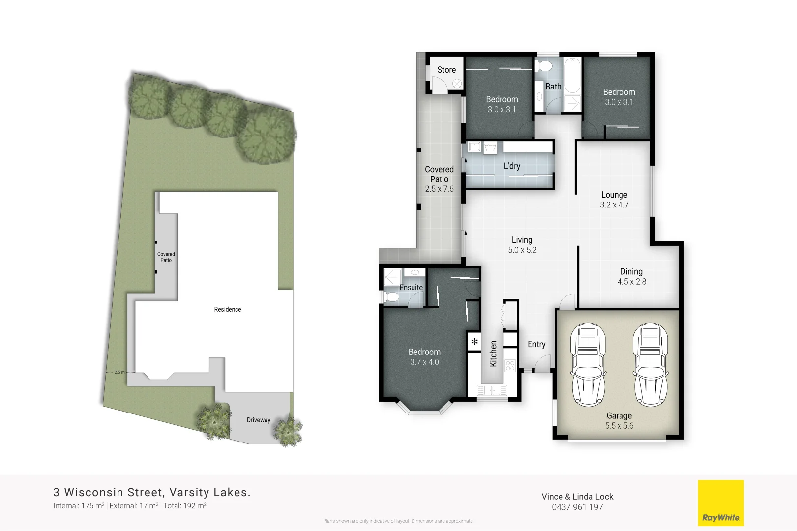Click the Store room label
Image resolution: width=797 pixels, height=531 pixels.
tap(446, 70)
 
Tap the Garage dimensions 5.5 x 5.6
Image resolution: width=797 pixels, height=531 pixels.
tap(619, 426)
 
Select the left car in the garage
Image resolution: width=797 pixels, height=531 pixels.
tap(588, 365)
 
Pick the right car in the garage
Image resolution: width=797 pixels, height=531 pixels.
tap(650, 365)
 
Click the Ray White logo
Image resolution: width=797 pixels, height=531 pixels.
tap(721, 503)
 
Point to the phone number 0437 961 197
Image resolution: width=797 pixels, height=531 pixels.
tap(577, 507)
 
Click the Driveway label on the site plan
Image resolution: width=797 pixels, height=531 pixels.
tap(259, 420)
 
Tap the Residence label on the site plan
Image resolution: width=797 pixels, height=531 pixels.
tap(228, 309)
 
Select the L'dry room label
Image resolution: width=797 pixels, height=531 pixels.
tap(512, 166)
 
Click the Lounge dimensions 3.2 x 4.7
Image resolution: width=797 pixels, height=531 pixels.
tap(614, 205)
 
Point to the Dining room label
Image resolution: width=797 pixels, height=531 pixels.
tap(631, 271)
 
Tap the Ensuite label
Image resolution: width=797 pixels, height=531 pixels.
tap(411, 288)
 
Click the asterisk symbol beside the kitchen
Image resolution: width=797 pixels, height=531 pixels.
tap(474, 341)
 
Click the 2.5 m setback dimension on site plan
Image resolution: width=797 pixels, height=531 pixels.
tap(119, 372)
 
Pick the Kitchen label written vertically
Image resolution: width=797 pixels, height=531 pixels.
tap(493, 354)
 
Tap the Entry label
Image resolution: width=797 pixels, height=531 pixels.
tap(536, 344)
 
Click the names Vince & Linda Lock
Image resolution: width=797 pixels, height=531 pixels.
tap(577, 497)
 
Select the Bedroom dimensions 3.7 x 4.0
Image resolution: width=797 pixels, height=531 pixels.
tap(424, 362)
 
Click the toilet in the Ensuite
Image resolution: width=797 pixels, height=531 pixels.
tap(392, 297)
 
